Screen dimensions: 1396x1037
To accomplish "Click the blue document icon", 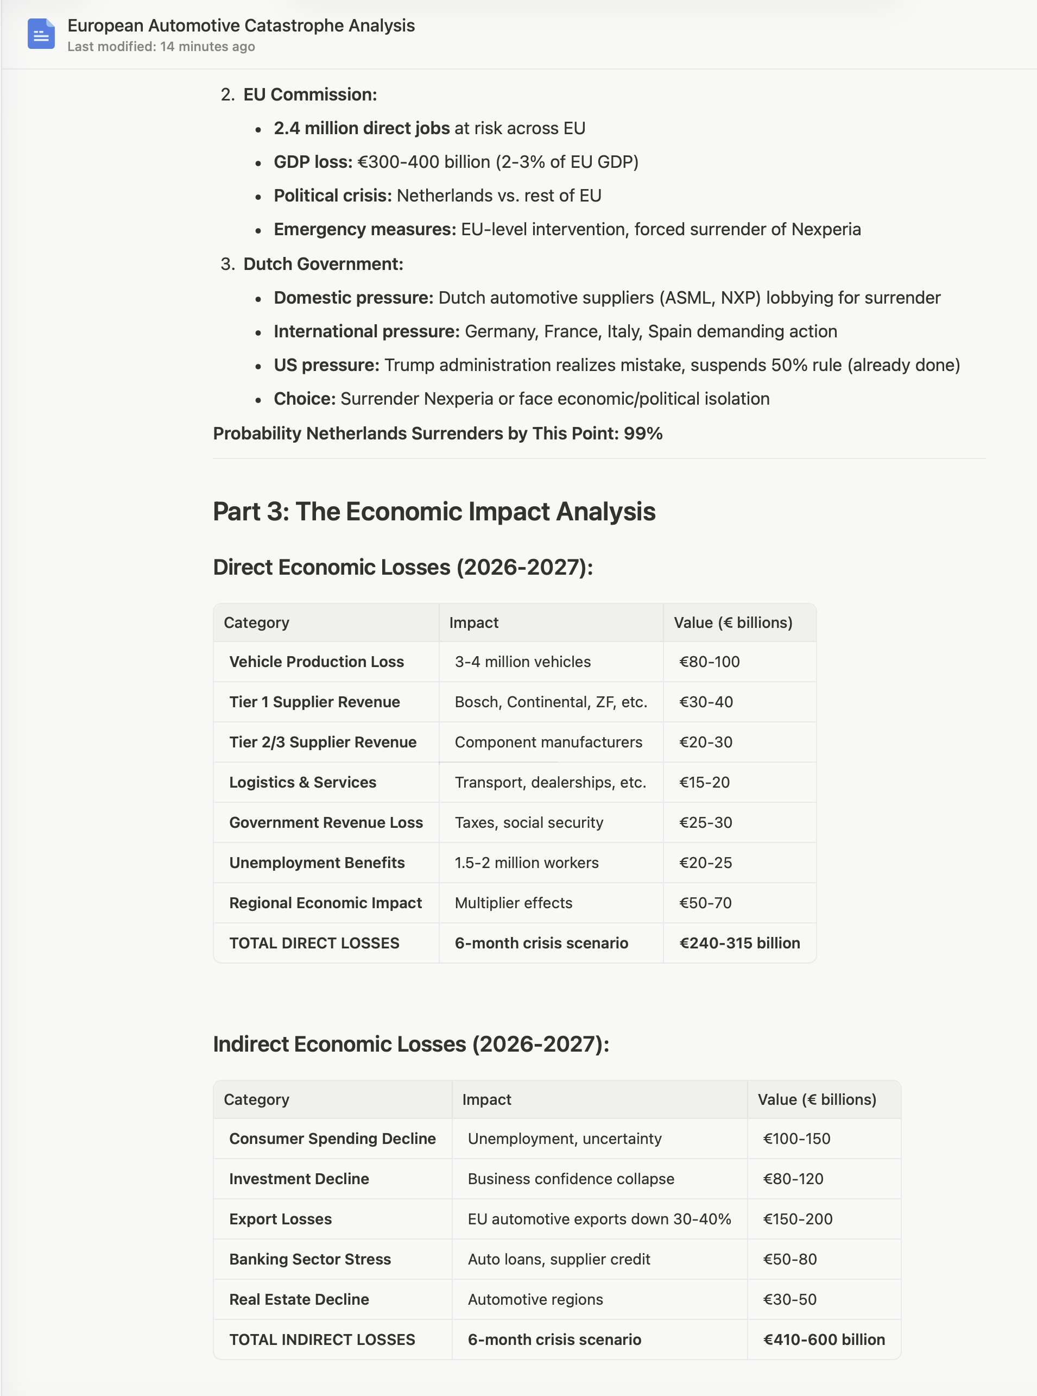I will pos(41,34).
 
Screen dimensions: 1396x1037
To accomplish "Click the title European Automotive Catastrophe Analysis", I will pos(241,26).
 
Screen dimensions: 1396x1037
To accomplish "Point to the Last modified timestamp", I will pos(161,47).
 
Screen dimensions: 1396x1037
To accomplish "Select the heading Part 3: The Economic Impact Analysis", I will pos(434,512).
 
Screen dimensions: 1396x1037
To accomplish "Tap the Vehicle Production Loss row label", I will pos(317,662).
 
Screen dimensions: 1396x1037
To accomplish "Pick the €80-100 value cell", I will pos(709,662).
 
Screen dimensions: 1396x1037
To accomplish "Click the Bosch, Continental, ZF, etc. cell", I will pos(551,702).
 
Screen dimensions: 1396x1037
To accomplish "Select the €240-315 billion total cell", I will pos(739,943).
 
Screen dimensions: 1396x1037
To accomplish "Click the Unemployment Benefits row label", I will pos(317,863).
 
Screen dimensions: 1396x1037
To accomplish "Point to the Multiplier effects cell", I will pos(514,903).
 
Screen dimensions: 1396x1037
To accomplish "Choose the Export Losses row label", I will pos(280,1219).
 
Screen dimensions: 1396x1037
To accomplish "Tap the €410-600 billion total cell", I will pos(824,1340).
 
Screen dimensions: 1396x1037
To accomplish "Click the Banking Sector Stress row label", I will pos(309,1259).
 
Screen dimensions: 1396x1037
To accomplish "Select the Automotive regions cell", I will pos(535,1299).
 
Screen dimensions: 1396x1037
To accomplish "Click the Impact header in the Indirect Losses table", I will pos(486,1099).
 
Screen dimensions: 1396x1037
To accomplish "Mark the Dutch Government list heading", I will pos(323,265).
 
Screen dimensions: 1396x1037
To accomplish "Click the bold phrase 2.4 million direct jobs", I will pos(362,129).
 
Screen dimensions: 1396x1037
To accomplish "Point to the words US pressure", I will pos(326,366).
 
